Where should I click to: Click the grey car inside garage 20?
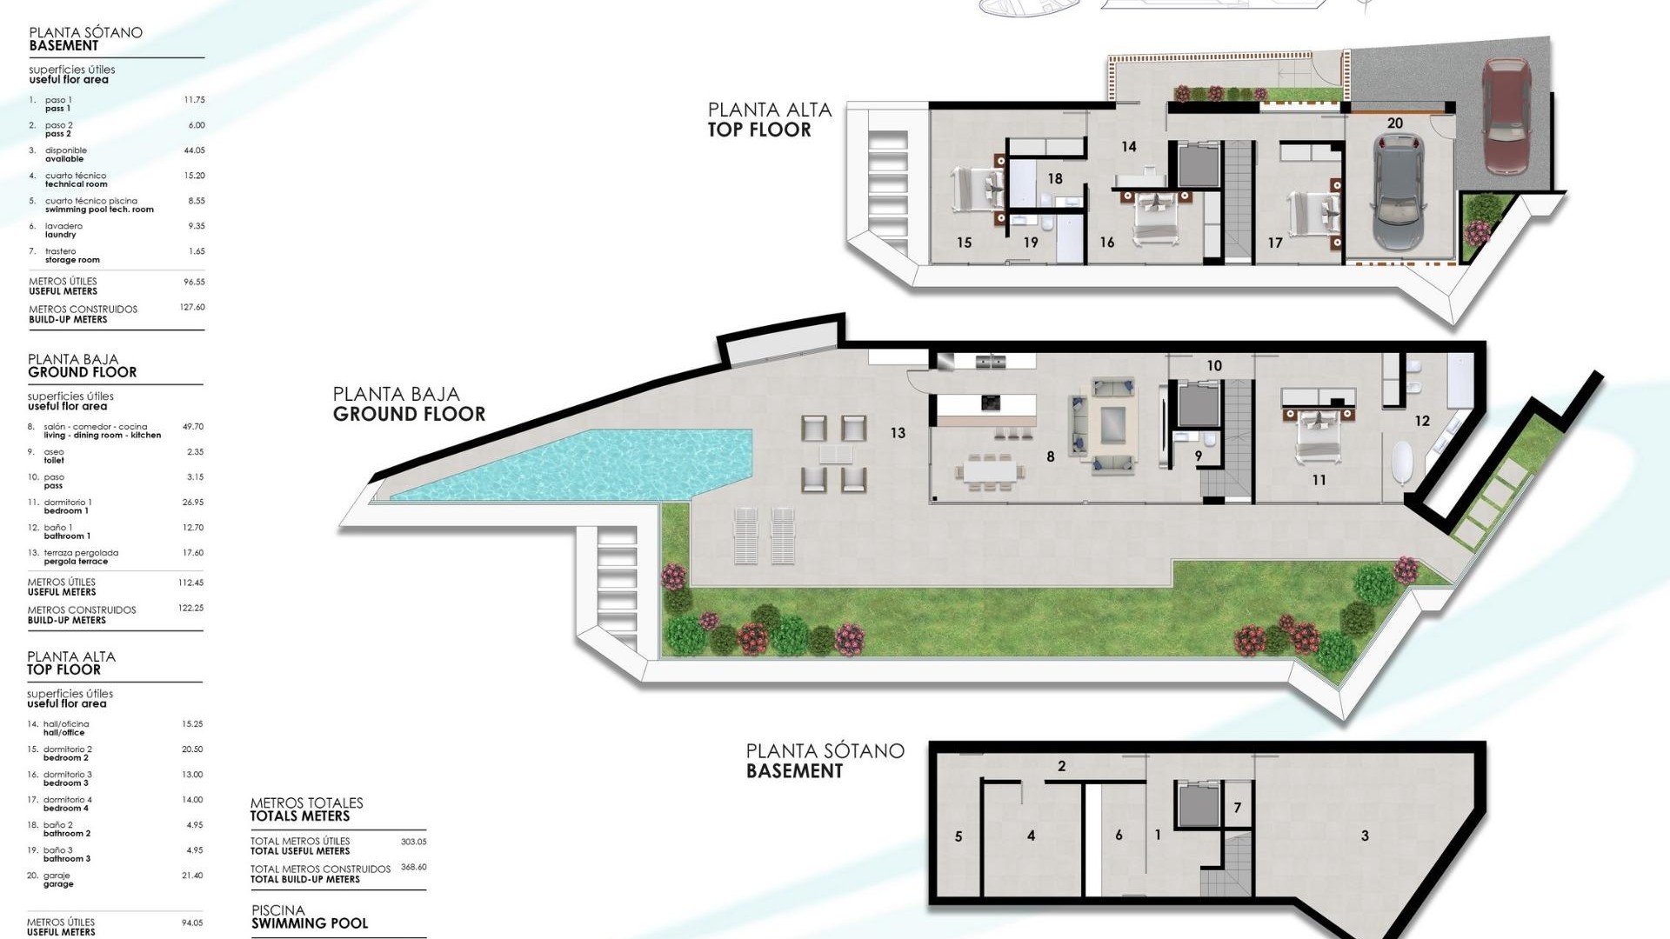pyautogui.click(x=1399, y=192)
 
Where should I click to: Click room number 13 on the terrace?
pyautogui.click(x=898, y=432)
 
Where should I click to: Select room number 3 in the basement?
pyautogui.click(x=1365, y=836)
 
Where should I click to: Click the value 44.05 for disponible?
pyautogui.click(x=194, y=150)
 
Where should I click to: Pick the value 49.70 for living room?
pyautogui.click(x=192, y=427)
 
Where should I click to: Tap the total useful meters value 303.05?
pyautogui.click(x=413, y=842)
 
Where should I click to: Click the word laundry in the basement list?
pyautogui.click(x=61, y=235)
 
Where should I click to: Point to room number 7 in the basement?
pyautogui.click(x=1237, y=808)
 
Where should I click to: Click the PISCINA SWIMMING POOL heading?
pyautogui.click(x=309, y=917)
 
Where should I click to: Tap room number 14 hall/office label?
pyautogui.click(x=1128, y=147)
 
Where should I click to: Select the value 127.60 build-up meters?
pyautogui.click(x=192, y=307)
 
